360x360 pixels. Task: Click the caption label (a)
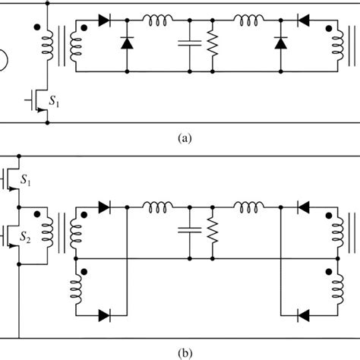(x=180, y=139)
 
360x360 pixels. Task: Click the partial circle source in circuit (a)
(x=4, y=58)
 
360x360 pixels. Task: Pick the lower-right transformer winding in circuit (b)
(x=332, y=289)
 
